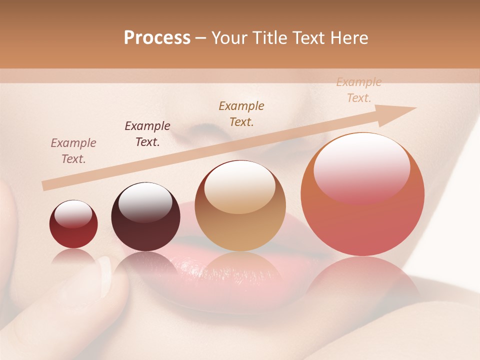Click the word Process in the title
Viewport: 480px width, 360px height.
pos(157,38)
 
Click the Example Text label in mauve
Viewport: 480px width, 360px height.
pos(73,151)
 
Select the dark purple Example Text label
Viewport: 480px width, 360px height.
pos(147,134)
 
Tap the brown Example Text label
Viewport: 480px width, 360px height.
pos(241,113)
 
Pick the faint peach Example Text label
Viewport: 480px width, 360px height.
pos(358,90)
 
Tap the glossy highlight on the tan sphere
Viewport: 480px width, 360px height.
pos(239,186)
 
